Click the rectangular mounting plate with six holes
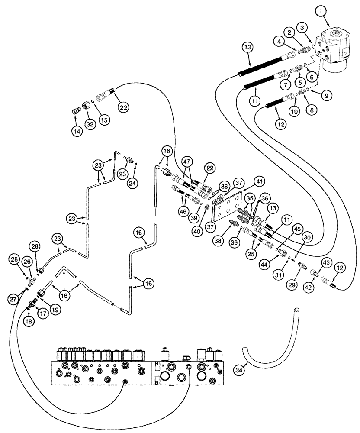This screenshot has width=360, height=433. click(x=226, y=204)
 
